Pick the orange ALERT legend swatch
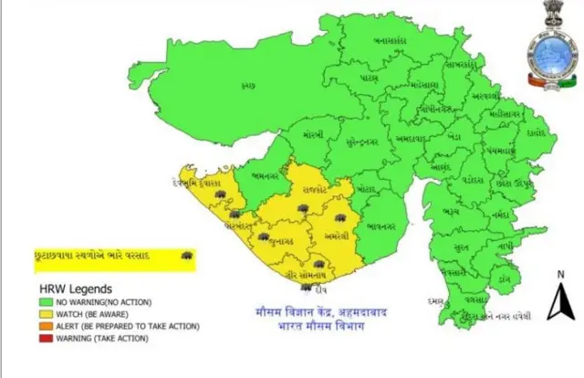(45, 326)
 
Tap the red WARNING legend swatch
(45, 338)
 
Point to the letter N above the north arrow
(559, 274)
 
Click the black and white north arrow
(559, 303)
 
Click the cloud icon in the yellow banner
(186, 254)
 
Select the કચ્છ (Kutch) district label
(247, 85)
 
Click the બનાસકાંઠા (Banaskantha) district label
(391, 40)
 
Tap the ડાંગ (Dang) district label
(504, 274)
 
